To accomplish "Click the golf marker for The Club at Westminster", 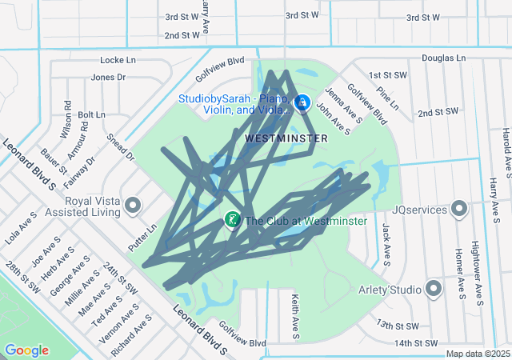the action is click(232, 219).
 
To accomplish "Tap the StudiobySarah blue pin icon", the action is click(303, 103).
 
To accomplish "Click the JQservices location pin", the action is click(459, 209).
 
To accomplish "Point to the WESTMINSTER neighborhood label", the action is click(286, 138).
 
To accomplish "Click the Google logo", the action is click(26, 350).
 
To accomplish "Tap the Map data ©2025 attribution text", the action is click(478, 354).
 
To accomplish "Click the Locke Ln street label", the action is click(119, 60).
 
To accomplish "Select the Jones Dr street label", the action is click(109, 78).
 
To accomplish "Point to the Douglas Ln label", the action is click(443, 58).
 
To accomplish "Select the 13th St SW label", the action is click(398, 326).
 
